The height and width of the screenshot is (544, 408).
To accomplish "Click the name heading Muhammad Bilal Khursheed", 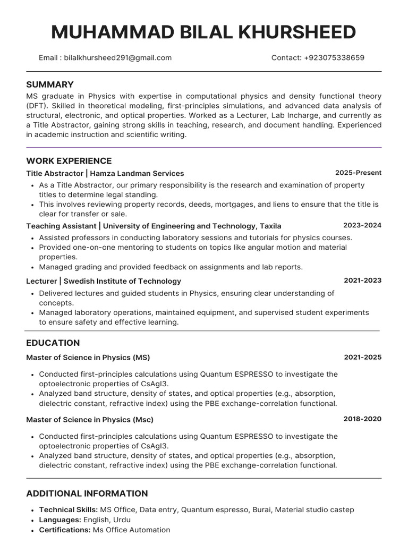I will point(203,33).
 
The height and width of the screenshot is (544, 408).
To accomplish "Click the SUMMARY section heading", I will point(50,84).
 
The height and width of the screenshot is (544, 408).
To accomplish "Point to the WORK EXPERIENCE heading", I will point(69,161).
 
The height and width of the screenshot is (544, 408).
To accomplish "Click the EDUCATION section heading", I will point(53,343).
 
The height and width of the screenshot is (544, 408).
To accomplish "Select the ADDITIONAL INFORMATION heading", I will point(87,494).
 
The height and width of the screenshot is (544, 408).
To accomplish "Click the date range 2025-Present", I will point(358,173).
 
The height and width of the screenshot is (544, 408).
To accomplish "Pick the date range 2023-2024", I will point(362,225).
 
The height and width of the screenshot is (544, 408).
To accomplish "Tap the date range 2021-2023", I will point(362,280).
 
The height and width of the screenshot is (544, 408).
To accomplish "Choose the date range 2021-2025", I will point(362,357).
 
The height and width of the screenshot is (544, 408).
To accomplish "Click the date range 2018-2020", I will point(362,419).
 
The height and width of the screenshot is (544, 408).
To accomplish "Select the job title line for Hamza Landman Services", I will point(105,174).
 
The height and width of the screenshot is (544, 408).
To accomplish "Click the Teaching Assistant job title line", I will point(154,226).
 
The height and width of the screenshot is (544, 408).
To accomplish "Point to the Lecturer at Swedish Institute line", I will point(104,282).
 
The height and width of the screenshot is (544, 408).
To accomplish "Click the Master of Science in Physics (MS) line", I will point(88,358).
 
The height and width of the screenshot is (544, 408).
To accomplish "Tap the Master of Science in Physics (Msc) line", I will point(90,420).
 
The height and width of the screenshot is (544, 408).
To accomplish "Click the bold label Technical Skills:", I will point(69,510).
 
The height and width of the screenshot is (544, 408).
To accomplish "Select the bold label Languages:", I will point(60,520).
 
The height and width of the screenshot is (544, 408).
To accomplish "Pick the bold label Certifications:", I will point(65,530).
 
